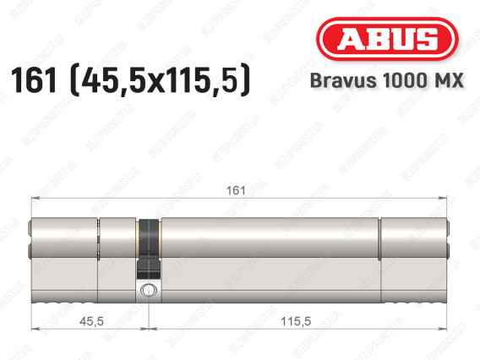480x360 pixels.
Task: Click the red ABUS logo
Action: pos(387,39)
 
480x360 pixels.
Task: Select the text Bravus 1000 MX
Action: pos(387,80)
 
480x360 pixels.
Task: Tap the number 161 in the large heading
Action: pos(34,80)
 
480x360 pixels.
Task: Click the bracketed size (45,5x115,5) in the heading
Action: pos(160,79)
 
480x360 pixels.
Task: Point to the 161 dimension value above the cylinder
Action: pos(236,190)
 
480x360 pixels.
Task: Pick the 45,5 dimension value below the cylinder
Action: pos(91,321)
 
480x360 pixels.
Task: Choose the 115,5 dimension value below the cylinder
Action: pos(296,321)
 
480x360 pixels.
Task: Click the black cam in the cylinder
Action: pos(149,248)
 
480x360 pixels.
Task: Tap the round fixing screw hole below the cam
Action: pos(149,290)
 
